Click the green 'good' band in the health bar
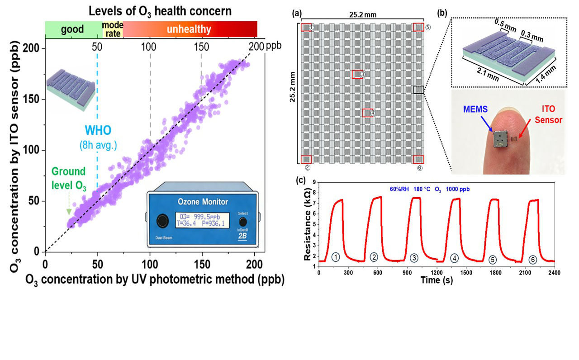tap(73, 29)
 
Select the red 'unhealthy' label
tap(189, 30)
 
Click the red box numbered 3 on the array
tap(357, 74)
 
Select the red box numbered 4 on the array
tap(367, 113)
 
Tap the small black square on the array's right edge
tap(418, 90)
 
